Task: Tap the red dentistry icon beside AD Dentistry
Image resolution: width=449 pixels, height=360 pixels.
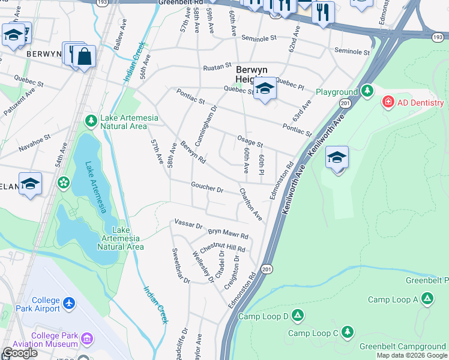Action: tap(388, 102)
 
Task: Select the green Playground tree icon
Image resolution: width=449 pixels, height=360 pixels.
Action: tap(367, 92)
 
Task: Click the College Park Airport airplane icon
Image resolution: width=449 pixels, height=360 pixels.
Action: tap(69, 304)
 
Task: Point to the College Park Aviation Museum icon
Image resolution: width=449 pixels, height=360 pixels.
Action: tap(88, 340)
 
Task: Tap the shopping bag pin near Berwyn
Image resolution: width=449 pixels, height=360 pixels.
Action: tap(85, 56)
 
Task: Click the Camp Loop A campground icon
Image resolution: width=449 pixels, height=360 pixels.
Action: tap(427, 298)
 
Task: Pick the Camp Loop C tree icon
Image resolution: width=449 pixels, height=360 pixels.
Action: tap(347, 331)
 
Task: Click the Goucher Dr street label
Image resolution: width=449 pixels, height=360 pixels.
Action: tap(207, 188)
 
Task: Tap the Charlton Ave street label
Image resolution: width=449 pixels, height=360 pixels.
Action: tap(251, 204)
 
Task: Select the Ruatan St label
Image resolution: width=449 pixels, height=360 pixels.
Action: tap(217, 65)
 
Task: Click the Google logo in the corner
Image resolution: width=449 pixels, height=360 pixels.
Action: tap(19, 353)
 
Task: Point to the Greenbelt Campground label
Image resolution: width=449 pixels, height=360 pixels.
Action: tap(402, 346)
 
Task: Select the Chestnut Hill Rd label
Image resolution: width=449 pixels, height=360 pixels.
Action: tap(223, 248)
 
